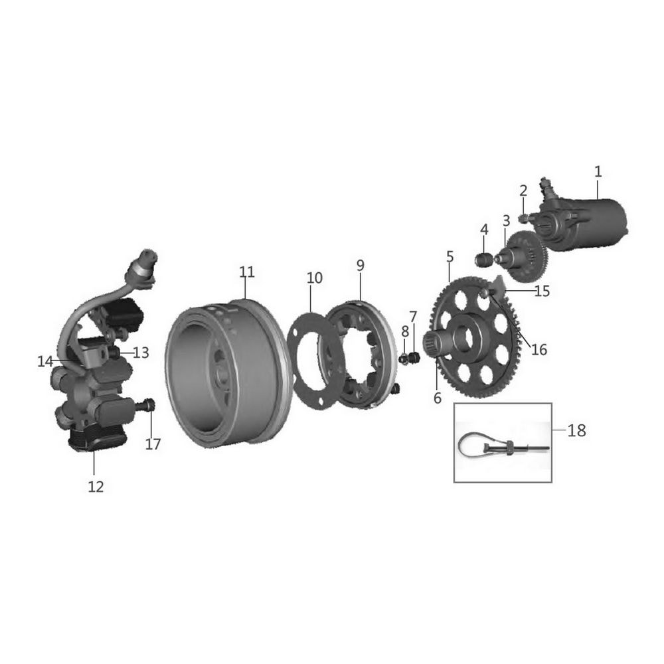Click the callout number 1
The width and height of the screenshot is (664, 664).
(598, 172)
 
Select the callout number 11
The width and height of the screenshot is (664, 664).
(247, 272)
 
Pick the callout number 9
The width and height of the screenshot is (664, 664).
(360, 266)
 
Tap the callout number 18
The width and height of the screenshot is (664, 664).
(576, 431)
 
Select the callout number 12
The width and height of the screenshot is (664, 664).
(96, 487)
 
